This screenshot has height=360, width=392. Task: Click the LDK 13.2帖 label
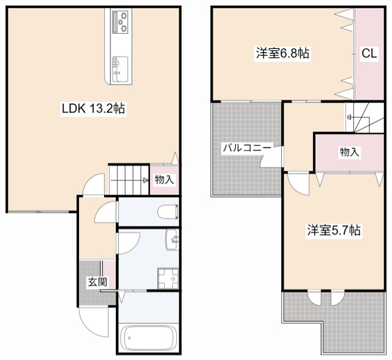click(x=93, y=109)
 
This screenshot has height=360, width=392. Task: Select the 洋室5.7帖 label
click(x=334, y=231)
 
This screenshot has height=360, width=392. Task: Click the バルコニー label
click(x=243, y=148)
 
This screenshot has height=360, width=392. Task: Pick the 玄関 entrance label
click(x=96, y=282)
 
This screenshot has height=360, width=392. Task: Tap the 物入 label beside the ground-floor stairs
click(x=164, y=180)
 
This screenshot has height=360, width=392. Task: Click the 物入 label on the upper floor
click(x=349, y=152)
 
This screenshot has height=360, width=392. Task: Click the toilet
click(x=167, y=212)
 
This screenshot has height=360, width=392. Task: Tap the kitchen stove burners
click(x=120, y=23)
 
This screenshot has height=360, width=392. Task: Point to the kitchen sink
click(x=119, y=64)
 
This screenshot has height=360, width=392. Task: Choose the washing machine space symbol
click(x=167, y=278)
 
